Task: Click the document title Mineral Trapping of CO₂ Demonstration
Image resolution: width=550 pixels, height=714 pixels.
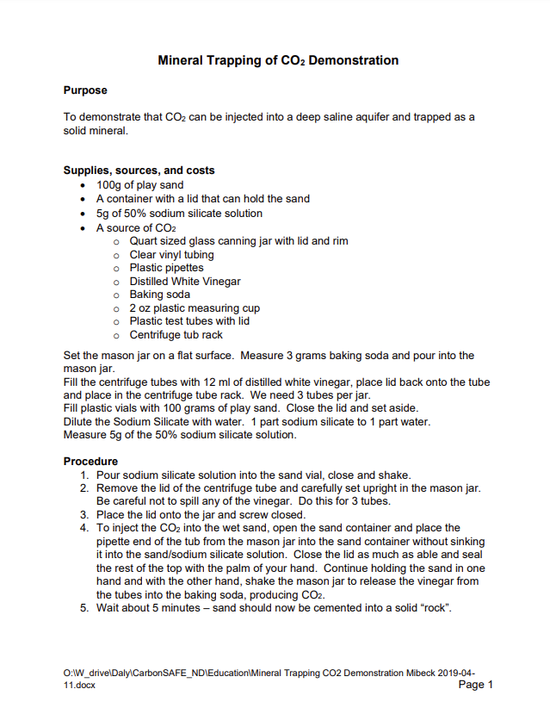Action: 278,61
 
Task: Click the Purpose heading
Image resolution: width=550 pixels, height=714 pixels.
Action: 85,90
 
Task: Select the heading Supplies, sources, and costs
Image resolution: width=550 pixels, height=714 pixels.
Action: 139,171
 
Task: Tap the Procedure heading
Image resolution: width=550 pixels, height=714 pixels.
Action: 90,461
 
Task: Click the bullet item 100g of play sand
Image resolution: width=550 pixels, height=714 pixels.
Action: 139,185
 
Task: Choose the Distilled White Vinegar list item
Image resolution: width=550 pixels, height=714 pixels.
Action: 184,281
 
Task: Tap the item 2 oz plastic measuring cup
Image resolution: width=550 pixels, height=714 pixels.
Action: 195,308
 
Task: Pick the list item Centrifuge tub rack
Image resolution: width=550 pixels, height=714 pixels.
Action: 175,335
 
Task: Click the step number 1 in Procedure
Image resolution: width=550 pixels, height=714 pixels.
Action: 84,475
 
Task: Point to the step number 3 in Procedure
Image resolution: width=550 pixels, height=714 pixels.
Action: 84,514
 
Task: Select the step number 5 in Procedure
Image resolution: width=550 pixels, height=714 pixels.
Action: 84,608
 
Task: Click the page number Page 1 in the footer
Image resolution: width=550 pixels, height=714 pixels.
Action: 476,686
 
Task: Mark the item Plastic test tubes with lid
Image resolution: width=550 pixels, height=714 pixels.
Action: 189,321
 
